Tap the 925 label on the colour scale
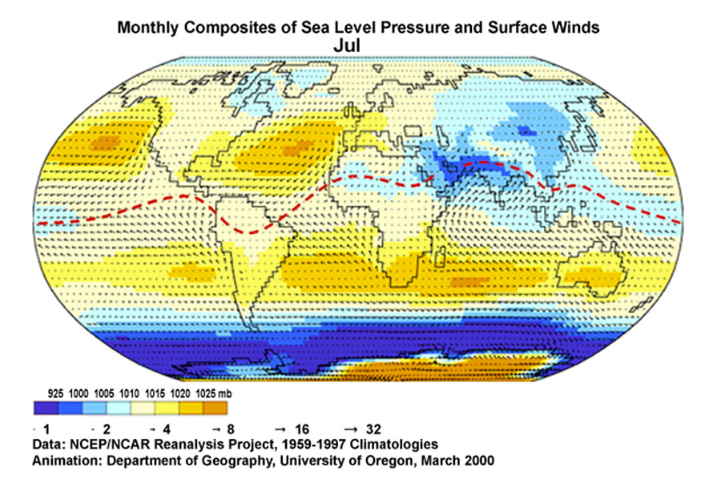pyautogui.click(x=55, y=394)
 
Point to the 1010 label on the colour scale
pyautogui.click(x=129, y=394)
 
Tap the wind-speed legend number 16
pyautogui.click(x=300, y=427)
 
